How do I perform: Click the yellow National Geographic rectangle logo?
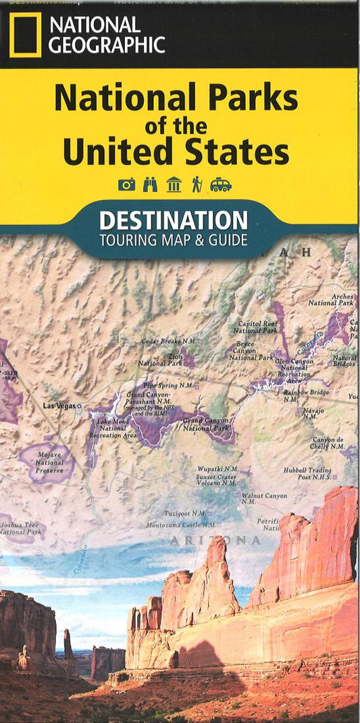click(26, 34)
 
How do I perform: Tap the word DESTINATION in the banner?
click(174, 220)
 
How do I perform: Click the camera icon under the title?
click(127, 184)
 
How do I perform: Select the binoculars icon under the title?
click(150, 184)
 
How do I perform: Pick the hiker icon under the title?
click(197, 184)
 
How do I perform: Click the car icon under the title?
click(221, 184)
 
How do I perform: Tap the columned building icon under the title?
click(174, 184)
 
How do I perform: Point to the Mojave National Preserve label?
click(49, 463)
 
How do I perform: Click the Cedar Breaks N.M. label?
click(168, 341)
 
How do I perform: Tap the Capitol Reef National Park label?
click(255, 327)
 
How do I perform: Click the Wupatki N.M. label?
click(217, 468)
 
